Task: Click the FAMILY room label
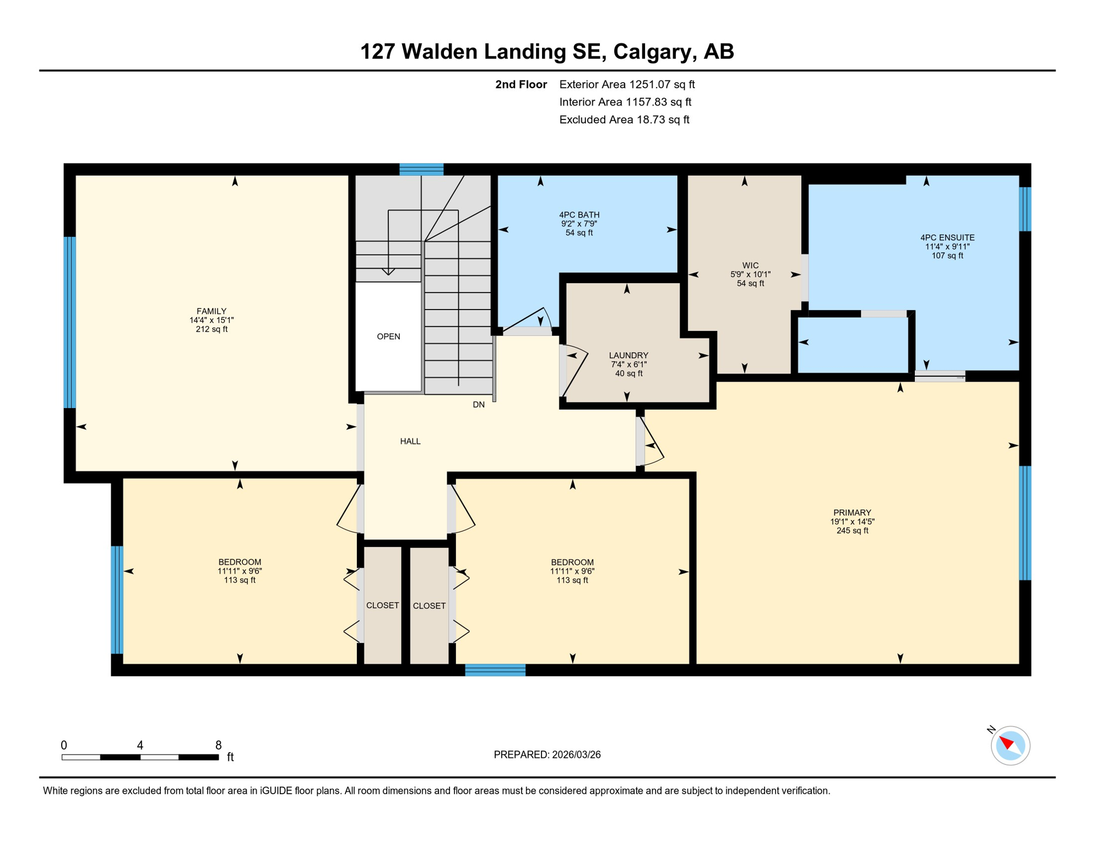point(212,311)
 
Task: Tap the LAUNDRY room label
point(628,355)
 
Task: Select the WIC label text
point(750,265)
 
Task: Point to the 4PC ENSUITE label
point(947,238)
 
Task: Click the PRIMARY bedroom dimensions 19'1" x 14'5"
point(852,522)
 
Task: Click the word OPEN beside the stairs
point(388,337)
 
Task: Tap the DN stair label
point(479,405)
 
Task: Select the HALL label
point(410,441)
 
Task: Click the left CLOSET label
point(382,605)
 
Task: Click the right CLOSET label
point(429,606)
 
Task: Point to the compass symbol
point(1010,746)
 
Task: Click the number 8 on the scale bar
point(219,745)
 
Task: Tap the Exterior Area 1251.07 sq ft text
point(627,84)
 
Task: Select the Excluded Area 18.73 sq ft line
point(624,120)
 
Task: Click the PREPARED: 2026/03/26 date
point(547,755)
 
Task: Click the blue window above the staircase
point(421,169)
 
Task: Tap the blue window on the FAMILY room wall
point(70,322)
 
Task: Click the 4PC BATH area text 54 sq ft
point(579,233)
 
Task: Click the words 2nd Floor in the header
point(521,84)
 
